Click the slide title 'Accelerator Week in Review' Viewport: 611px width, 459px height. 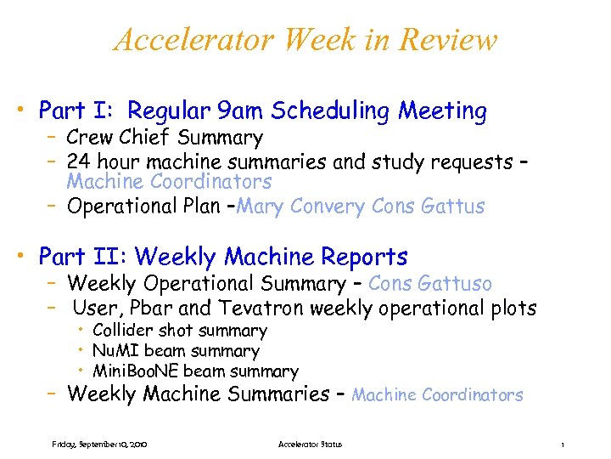click(x=305, y=40)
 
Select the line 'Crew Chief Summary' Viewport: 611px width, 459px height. click(x=165, y=138)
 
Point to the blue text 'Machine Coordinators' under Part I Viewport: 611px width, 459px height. click(x=169, y=181)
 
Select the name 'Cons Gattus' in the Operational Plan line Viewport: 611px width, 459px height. click(x=429, y=207)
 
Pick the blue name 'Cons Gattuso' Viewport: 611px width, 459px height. click(x=430, y=284)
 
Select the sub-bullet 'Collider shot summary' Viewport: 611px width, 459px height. click(x=179, y=331)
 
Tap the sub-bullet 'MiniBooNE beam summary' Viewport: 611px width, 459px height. click(x=195, y=371)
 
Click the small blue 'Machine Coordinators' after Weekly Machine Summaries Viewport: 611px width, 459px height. click(x=437, y=395)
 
